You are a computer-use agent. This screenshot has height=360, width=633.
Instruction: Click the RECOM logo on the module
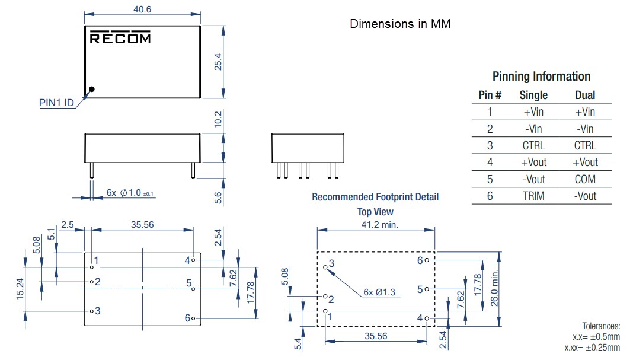coord(120,38)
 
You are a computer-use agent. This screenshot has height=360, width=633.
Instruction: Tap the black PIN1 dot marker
coord(91,90)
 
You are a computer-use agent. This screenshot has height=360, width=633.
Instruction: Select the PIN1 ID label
coord(57,103)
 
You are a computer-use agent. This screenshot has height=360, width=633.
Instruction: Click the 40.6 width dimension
coord(142,9)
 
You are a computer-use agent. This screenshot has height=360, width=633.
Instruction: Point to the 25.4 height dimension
coord(218,61)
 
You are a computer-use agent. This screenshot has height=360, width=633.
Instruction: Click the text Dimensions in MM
coord(400,24)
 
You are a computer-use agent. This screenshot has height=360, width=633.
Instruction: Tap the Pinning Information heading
coord(541,77)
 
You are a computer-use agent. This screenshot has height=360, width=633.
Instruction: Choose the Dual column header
coord(585,95)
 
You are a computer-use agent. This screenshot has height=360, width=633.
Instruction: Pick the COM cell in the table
coord(585,179)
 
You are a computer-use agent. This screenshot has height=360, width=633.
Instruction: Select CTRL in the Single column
coord(533,145)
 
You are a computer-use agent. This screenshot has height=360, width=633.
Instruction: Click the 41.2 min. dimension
coord(377,224)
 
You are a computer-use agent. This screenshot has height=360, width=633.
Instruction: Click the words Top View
coord(375,212)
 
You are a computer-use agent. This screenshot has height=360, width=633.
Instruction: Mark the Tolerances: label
coord(601,326)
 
